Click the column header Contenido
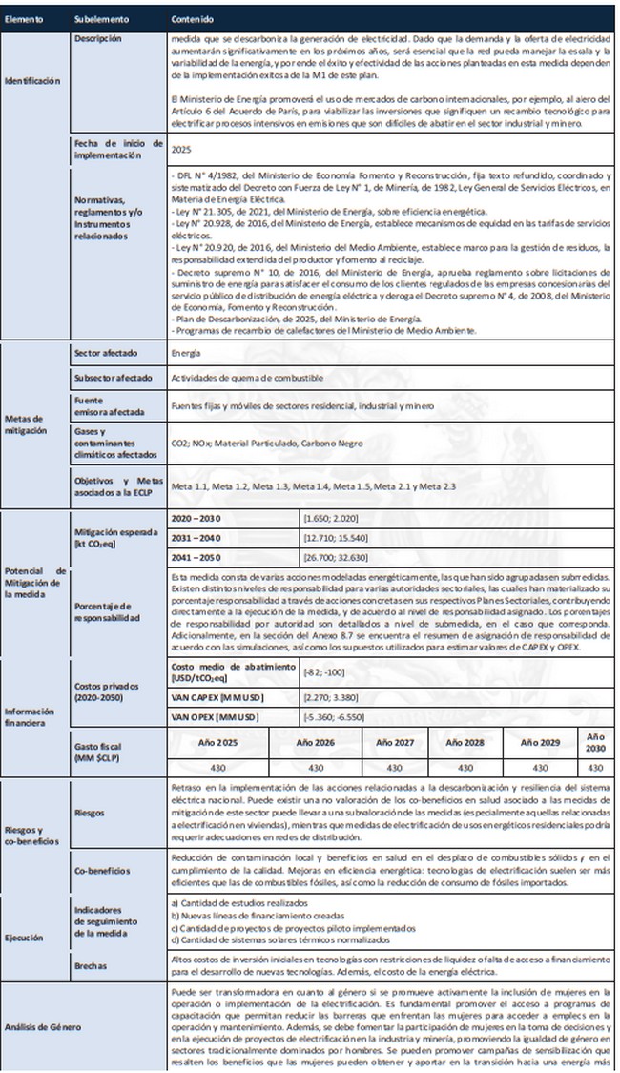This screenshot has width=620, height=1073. tap(192, 19)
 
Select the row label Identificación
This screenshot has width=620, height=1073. tap(32, 81)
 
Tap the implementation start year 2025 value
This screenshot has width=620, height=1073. tap(181, 149)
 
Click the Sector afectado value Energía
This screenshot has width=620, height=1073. tap(187, 352)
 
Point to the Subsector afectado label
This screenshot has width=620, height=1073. tap(112, 378)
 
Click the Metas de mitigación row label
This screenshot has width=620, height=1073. tap(26, 423)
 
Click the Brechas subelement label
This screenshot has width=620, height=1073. tap(92, 965)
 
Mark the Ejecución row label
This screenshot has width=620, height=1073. tap(26, 937)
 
